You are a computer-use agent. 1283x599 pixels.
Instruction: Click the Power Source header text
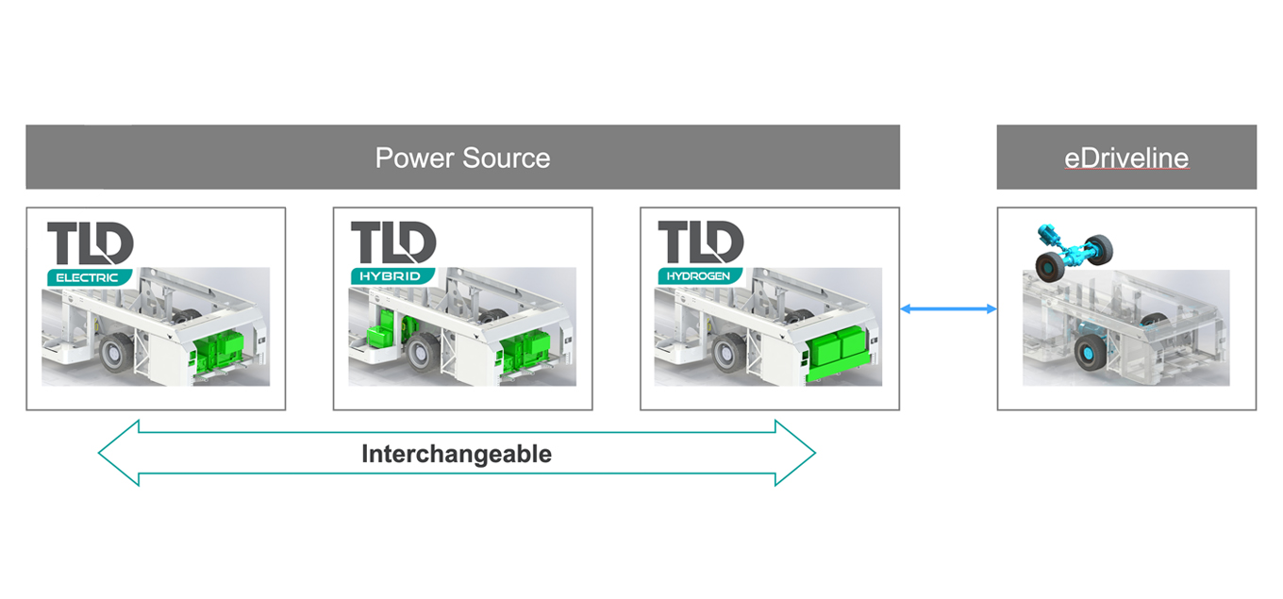462,158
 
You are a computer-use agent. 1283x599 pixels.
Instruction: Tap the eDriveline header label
1126,158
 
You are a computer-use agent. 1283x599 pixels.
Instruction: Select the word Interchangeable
457,454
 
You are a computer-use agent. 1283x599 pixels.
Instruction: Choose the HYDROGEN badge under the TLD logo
700,277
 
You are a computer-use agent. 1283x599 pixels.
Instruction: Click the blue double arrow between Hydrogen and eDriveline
948,308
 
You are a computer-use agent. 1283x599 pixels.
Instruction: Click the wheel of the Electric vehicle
117,353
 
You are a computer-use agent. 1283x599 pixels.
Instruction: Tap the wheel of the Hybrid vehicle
423,353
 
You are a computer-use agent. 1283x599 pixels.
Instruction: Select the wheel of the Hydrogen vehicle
728,353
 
